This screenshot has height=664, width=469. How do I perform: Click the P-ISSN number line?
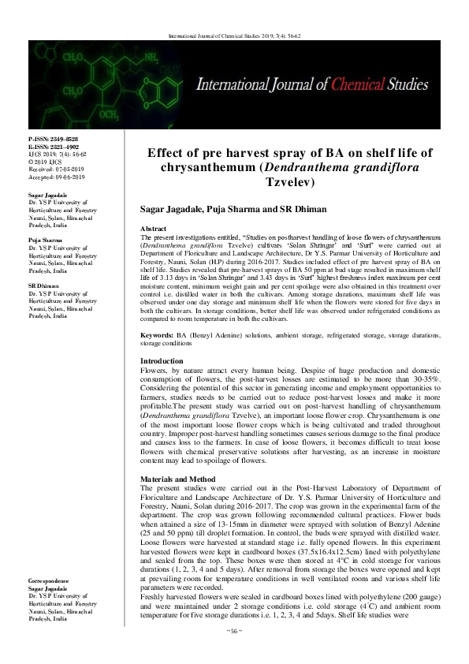pyautogui.click(x=50, y=138)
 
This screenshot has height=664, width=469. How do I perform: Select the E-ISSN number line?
pyautogui.click(x=50, y=145)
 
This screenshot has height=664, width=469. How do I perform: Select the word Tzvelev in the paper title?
pyautogui.click(x=291, y=181)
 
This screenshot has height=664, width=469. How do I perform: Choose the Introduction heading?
pyautogui.click(x=161, y=360)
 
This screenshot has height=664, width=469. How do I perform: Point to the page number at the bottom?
pyautogui.click(x=234, y=654)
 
